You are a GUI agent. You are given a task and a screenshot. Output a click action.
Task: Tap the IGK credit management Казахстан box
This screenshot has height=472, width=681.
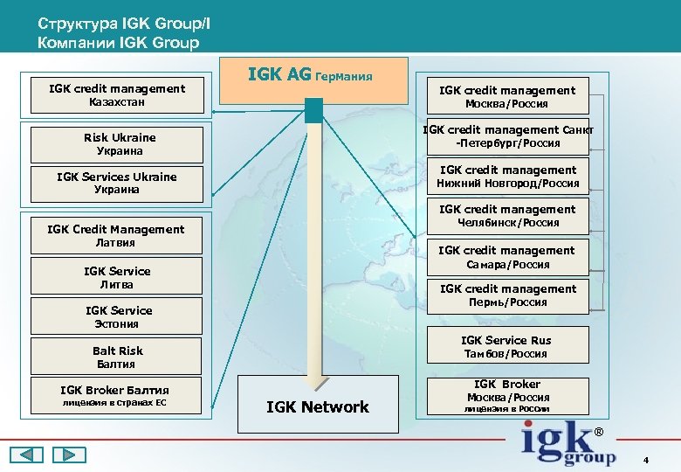pos(117,95)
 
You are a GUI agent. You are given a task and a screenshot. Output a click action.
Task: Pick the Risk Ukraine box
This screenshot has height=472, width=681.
pos(117,144)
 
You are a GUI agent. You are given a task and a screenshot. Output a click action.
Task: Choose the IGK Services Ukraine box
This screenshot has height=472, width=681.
pos(117,183)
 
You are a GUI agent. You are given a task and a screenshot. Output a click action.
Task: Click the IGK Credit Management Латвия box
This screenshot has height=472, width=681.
pos(117,235)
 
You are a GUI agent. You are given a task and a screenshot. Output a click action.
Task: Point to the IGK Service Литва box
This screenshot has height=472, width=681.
pos(117,277)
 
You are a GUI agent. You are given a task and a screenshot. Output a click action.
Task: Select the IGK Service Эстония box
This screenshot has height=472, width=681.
pos(117,316)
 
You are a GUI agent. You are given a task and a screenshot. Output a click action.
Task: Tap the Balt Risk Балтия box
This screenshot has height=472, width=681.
pos(117,357)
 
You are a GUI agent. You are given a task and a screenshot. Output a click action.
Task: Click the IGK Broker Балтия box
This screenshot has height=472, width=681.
pos(117,396)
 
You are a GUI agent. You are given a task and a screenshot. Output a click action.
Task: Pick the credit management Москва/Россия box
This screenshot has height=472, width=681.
pos(506,96)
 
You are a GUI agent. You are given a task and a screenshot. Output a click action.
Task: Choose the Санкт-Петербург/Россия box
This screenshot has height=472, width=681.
pos(506,136)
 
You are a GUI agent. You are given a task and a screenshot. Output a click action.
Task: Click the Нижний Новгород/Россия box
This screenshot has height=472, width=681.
pos(506,177)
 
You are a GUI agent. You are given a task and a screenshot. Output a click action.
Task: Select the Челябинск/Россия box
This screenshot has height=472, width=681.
pos(506,216)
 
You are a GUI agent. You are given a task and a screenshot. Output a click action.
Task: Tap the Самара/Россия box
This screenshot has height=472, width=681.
pos(506,257)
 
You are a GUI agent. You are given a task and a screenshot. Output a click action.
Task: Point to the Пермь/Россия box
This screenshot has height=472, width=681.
pos(506,295)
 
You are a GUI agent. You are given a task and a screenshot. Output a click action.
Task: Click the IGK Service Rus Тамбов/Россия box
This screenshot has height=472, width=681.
pos(506,346)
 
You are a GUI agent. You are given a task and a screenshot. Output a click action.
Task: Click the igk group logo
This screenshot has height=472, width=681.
pos(568,444)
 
